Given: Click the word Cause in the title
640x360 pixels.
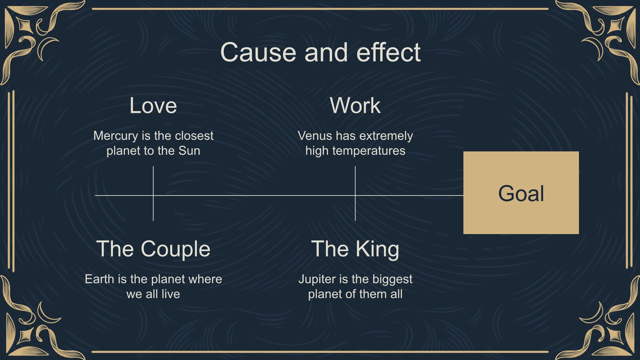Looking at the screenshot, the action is (258, 52).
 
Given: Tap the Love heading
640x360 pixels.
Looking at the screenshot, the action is (153, 105).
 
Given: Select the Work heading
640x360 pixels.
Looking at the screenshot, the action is (355, 105).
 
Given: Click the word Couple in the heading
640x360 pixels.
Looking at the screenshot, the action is (175, 249).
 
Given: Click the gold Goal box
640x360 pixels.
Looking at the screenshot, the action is (521, 193).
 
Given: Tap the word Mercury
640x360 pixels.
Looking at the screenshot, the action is (116, 136).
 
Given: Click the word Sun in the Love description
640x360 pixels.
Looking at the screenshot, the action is (189, 151).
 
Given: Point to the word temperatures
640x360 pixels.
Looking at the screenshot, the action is (369, 151).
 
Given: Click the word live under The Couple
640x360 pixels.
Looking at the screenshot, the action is (171, 294).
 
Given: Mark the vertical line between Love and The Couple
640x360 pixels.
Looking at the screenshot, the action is (153, 193).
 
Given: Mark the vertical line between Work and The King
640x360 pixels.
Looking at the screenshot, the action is (355, 193).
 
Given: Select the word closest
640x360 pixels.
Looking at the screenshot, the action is (194, 136).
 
